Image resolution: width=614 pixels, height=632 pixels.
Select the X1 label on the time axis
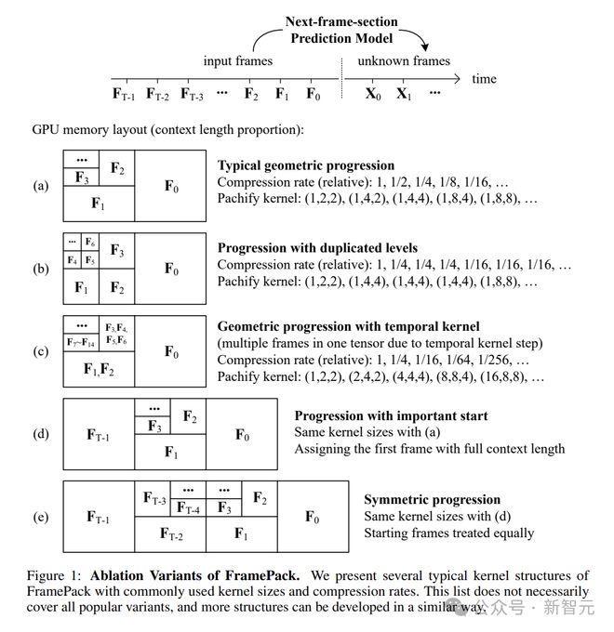[403, 94]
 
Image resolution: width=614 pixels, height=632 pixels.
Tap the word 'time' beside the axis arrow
[484, 79]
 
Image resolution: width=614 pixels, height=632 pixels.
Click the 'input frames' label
[238, 61]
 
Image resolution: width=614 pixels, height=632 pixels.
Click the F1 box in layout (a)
[98, 203]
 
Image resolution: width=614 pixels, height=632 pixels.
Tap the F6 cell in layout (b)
[89, 243]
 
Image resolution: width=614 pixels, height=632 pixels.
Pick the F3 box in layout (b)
[117, 250]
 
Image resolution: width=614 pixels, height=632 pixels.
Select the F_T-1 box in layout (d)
[98, 435]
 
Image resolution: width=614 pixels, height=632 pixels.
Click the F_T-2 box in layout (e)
[170, 534]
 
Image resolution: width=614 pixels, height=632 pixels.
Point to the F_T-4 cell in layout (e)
[188, 508]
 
